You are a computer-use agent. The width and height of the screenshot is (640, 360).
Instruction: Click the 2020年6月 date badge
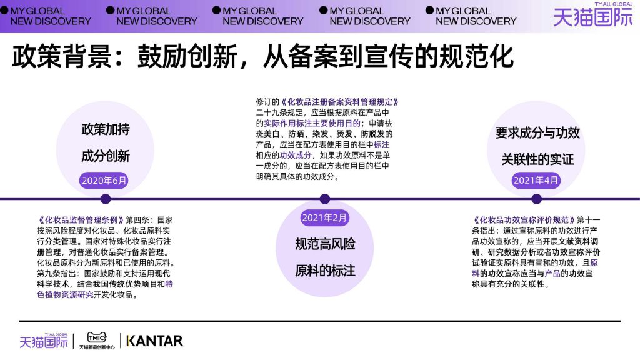pyautogui.click(x=104, y=181)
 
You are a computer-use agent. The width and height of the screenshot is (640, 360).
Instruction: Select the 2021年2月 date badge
pyautogui.click(x=324, y=218)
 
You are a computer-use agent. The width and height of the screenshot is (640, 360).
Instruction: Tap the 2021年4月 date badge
pyautogui.click(x=536, y=181)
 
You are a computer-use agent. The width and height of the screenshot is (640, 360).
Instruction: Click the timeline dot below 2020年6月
pyautogui.click(x=105, y=199)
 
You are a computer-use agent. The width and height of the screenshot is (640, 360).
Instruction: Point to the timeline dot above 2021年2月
pyautogui.click(x=324, y=199)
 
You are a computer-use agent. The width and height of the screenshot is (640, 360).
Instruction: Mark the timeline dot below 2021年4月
pyautogui.click(x=536, y=199)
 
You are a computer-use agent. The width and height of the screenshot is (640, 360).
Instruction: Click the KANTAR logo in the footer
pyautogui.click(x=155, y=341)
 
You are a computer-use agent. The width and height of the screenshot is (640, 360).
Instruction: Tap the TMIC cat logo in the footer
pyautogui.click(x=97, y=341)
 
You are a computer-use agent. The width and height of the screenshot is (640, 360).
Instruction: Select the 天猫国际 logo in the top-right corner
pyautogui.click(x=592, y=15)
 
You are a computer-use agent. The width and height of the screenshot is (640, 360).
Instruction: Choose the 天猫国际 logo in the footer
pyautogui.click(x=44, y=341)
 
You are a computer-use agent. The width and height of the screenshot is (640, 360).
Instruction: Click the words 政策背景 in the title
pyautogui.click(x=62, y=56)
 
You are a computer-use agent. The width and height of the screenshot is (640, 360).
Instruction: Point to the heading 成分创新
pyautogui.click(x=106, y=156)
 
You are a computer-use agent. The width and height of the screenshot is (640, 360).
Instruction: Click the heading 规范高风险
pyautogui.click(x=325, y=244)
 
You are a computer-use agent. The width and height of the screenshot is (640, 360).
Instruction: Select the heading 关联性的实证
pyautogui.click(x=537, y=159)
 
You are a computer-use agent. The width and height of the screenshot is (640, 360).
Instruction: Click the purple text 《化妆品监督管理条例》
pyautogui.click(x=80, y=220)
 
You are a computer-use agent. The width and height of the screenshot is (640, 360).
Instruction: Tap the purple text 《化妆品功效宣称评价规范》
pyautogui.click(x=524, y=221)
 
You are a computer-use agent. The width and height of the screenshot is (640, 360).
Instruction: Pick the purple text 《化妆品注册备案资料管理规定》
pyautogui.click(x=339, y=102)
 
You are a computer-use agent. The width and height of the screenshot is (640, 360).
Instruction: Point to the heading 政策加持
pyautogui.click(x=106, y=129)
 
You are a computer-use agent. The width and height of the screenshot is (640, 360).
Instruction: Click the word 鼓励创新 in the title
pyautogui.click(x=187, y=56)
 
